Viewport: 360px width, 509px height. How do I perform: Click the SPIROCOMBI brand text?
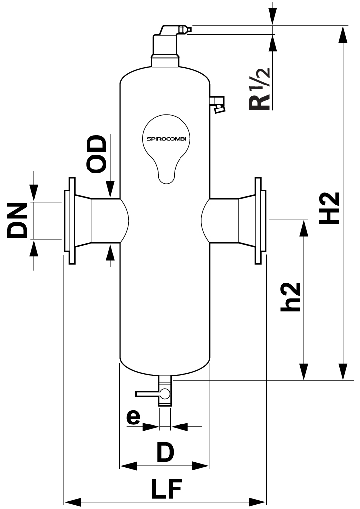pyautogui.click(x=167, y=138)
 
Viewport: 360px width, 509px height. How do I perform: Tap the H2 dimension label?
pyautogui.click(x=330, y=208)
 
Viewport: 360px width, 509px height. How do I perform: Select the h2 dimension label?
pyautogui.click(x=291, y=297)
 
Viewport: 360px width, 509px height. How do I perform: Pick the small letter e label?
pyautogui.click(x=133, y=417)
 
